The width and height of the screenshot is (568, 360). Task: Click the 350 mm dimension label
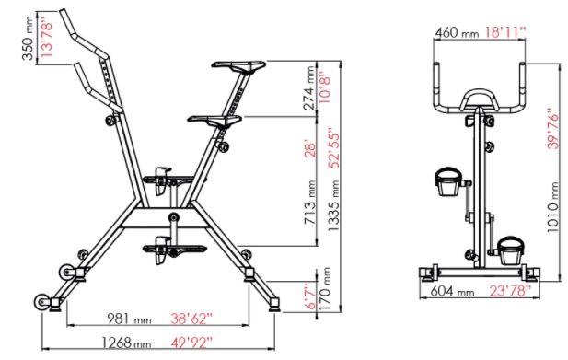point(28,38)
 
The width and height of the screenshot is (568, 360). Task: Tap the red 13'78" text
point(47,39)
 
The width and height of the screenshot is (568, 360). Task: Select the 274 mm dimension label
point(309,87)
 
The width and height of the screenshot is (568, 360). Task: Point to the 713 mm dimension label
point(309,202)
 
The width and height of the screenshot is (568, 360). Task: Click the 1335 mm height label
point(333,206)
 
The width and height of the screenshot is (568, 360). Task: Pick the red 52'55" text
point(333,148)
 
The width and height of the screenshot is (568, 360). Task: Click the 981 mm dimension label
point(129,319)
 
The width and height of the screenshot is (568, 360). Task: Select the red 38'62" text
point(191,319)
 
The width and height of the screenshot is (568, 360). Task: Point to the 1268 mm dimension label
point(126,343)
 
